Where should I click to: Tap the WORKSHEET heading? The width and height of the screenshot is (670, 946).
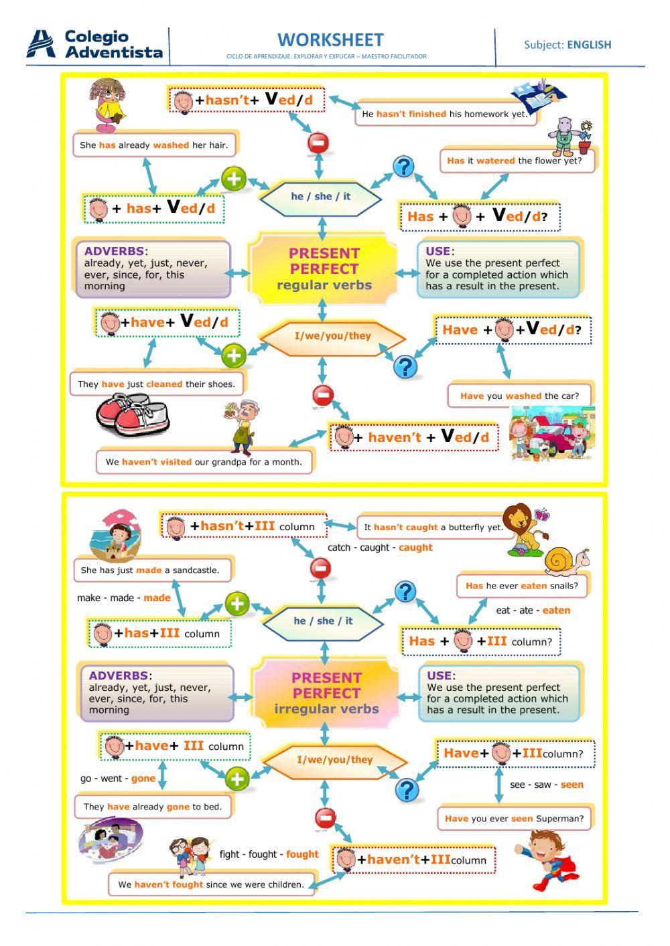[x=330, y=40]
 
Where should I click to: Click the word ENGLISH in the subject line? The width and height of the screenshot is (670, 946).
[x=589, y=45]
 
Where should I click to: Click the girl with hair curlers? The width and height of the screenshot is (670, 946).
[x=108, y=104]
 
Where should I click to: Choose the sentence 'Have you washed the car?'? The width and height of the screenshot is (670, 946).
[x=519, y=396]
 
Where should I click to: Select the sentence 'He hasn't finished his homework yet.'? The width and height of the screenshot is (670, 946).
[x=445, y=114]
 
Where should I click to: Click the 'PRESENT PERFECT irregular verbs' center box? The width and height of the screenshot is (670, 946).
[x=326, y=693]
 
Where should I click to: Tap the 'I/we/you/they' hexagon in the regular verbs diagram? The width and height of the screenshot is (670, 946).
[x=332, y=335]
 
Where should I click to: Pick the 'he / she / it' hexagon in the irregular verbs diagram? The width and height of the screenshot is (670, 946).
[x=323, y=621]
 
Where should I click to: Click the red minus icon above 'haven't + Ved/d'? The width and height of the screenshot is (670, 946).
[x=323, y=396]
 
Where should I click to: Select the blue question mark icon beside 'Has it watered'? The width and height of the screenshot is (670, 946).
[x=403, y=166]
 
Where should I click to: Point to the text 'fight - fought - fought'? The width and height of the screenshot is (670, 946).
[x=269, y=854]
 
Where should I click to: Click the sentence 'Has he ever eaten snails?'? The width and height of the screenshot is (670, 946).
[x=522, y=585]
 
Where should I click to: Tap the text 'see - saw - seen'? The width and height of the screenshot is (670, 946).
[x=546, y=785]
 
